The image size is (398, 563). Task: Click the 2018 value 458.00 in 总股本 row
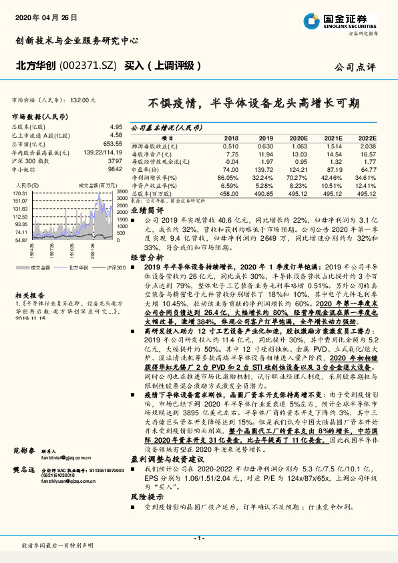[x=228, y=194]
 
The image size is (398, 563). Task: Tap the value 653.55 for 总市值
[x=112, y=143]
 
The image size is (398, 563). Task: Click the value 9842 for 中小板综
[x=116, y=170]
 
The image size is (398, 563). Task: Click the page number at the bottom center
[x=198, y=538]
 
